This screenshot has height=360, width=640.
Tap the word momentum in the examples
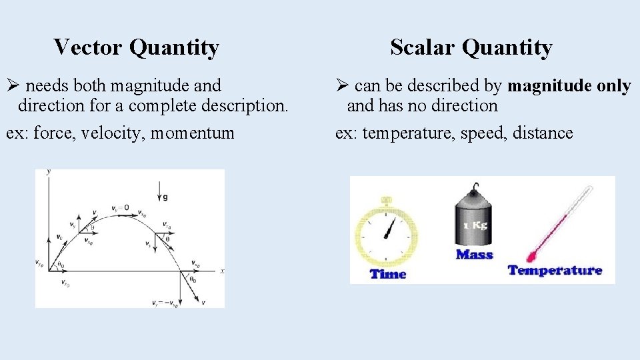[193, 133]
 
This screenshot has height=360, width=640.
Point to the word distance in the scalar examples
[543, 133]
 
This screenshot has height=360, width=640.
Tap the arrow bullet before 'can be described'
[342, 86]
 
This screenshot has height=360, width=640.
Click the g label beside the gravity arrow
[165, 197]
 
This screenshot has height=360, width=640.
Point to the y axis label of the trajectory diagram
[48, 173]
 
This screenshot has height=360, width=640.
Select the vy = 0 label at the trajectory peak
[121, 207]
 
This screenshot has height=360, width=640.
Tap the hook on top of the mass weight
[475, 187]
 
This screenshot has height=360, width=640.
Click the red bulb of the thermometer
[532, 256]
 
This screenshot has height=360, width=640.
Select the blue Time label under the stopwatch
[387, 273]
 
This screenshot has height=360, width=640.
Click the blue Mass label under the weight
[474, 254]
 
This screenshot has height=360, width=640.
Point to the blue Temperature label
[555, 270]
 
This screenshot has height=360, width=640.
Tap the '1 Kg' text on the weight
[475, 225]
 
